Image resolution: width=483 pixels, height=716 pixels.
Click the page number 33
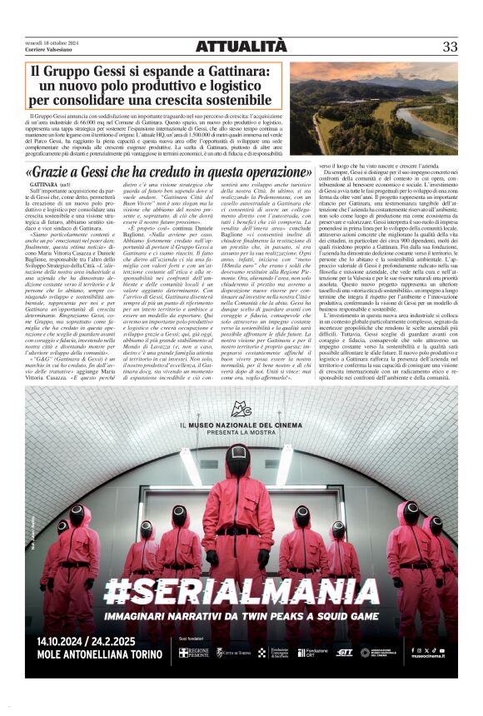pos(450,47)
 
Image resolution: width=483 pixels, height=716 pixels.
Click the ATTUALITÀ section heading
pos(242,45)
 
